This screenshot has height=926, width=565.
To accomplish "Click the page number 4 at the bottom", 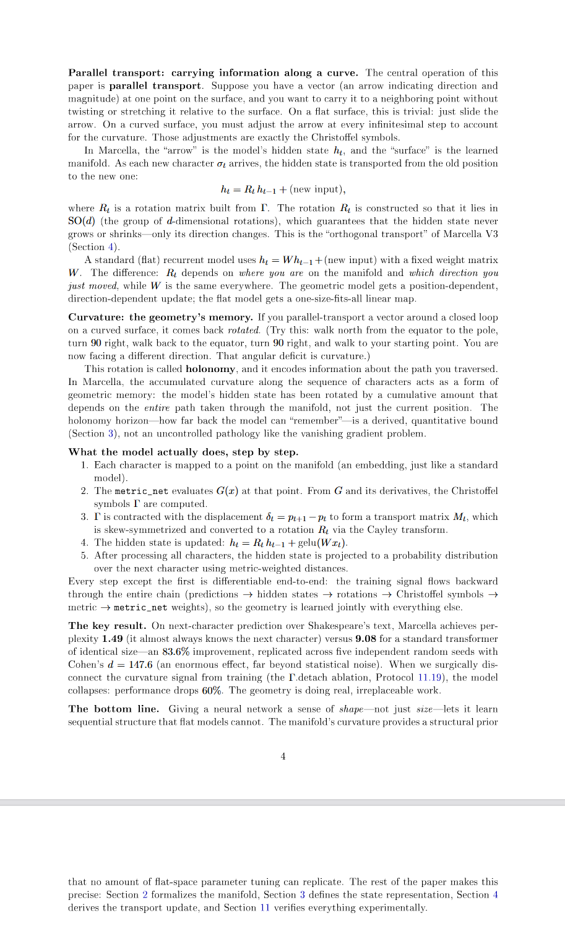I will click(x=283, y=756).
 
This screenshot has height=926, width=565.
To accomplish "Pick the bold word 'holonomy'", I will click(x=210, y=369).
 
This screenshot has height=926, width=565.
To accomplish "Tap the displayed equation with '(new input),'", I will click(x=283, y=189).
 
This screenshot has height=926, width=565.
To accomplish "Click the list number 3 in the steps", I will click(x=84, y=517).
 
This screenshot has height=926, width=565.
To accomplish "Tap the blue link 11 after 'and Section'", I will click(x=264, y=907).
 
